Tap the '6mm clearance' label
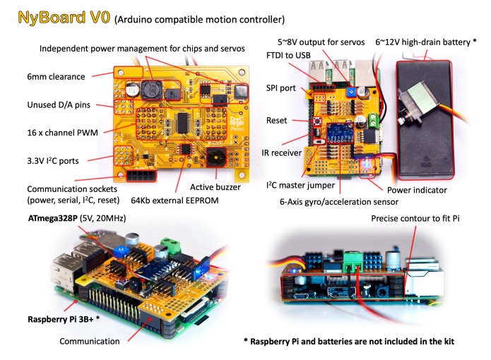[56, 76]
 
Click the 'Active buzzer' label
[216, 187]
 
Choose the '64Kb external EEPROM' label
[174, 201]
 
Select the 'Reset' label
[277, 121]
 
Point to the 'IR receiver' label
[282, 152]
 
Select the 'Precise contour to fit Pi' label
[415, 219]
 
